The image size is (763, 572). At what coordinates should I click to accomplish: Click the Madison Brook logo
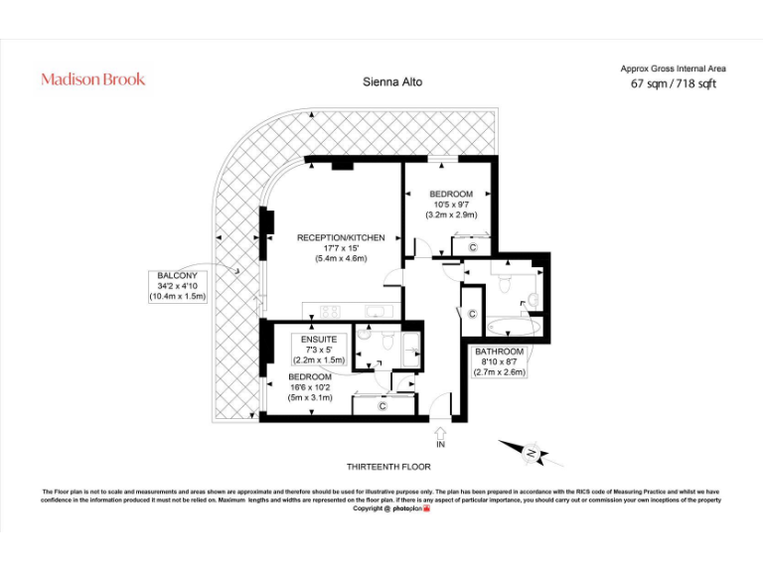[92, 79]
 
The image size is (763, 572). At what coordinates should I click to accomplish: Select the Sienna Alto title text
[392, 82]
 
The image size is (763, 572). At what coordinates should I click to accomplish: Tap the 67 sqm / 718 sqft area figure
[673, 83]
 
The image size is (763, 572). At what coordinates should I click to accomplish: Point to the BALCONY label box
[178, 285]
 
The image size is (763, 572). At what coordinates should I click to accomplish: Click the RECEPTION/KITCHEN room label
[341, 237]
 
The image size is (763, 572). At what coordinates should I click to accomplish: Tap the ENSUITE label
[318, 340]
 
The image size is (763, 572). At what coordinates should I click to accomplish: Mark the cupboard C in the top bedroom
[473, 246]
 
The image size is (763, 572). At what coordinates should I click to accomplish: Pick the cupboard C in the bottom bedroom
[381, 404]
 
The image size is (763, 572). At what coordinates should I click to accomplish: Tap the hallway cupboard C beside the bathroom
[472, 315]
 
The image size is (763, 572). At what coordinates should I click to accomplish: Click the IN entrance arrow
[441, 436]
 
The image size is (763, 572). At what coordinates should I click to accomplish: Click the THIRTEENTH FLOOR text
[388, 466]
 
